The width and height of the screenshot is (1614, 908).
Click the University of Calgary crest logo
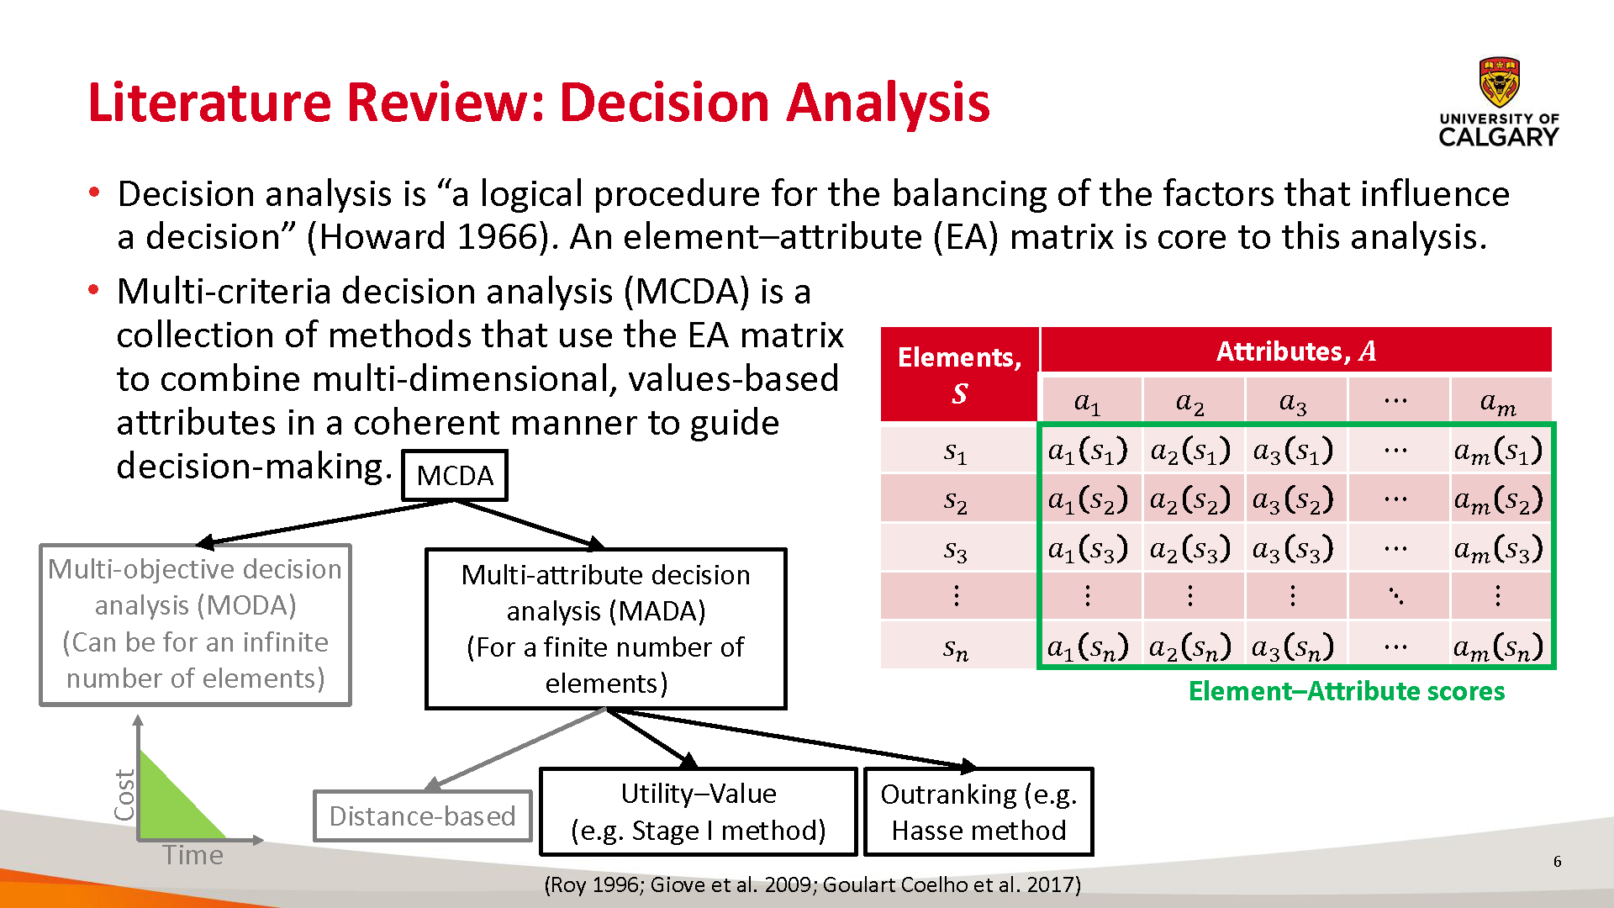pyautogui.click(x=1499, y=82)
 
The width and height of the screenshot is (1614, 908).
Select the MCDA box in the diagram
pyautogui.click(x=455, y=476)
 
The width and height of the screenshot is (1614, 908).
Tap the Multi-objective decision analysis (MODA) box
pyautogui.click(x=196, y=625)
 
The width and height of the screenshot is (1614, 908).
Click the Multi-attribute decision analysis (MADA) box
pyautogui.click(x=605, y=629)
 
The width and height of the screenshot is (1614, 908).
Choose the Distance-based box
pyautogui.click(x=422, y=816)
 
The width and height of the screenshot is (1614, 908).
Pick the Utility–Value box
pyautogui.click(x=698, y=812)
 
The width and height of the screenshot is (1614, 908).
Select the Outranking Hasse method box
pyautogui.click(x=978, y=812)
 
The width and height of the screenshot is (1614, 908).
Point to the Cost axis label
pyautogui.click(x=124, y=794)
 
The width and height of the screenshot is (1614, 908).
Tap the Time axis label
pyautogui.click(x=193, y=855)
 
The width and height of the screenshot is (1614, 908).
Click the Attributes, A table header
pyautogui.click(x=1296, y=350)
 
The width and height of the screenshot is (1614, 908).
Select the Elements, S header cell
pyautogui.click(x=959, y=374)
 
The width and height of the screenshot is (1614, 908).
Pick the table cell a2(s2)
pyautogui.click(x=1189, y=500)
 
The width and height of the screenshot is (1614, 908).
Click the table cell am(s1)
pyautogui.click(x=1499, y=451)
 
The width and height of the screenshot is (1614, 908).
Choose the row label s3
pyautogui.click(x=956, y=550)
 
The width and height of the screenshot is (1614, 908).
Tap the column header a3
pyautogui.click(x=1293, y=403)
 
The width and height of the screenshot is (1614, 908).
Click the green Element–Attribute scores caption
pyautogui.click(x=1347, y=691)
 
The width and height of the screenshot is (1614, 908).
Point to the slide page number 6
pyautogui.click(x=1558, y=862)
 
